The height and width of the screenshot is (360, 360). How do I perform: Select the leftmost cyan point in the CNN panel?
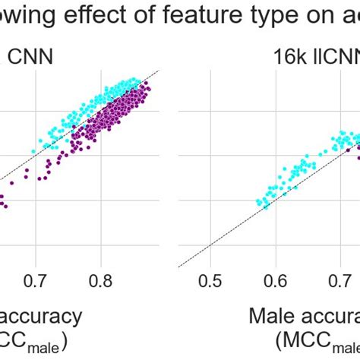pyautogui.click(x=33, y=151)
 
